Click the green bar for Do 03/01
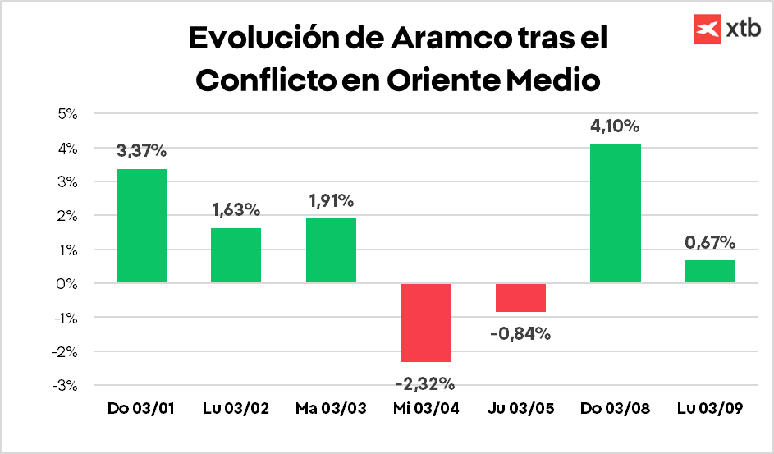click(141, 226)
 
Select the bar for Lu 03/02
click(236, 255)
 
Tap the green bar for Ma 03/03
click(331, 250)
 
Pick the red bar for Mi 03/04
click(426, 323)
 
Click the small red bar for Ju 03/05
click(520, 298)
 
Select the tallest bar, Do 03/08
click(616, 213)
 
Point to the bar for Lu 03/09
click(710, 272)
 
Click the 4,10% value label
click(616, 126)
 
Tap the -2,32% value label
click(425, 383)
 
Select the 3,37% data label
click(141, 151)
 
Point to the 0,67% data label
click(710, 242)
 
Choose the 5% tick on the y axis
click(66, 114)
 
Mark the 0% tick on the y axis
click(66, 283)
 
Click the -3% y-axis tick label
click(64, 385)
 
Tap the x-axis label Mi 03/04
click(425, 408)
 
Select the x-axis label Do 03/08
click(616, 408)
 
